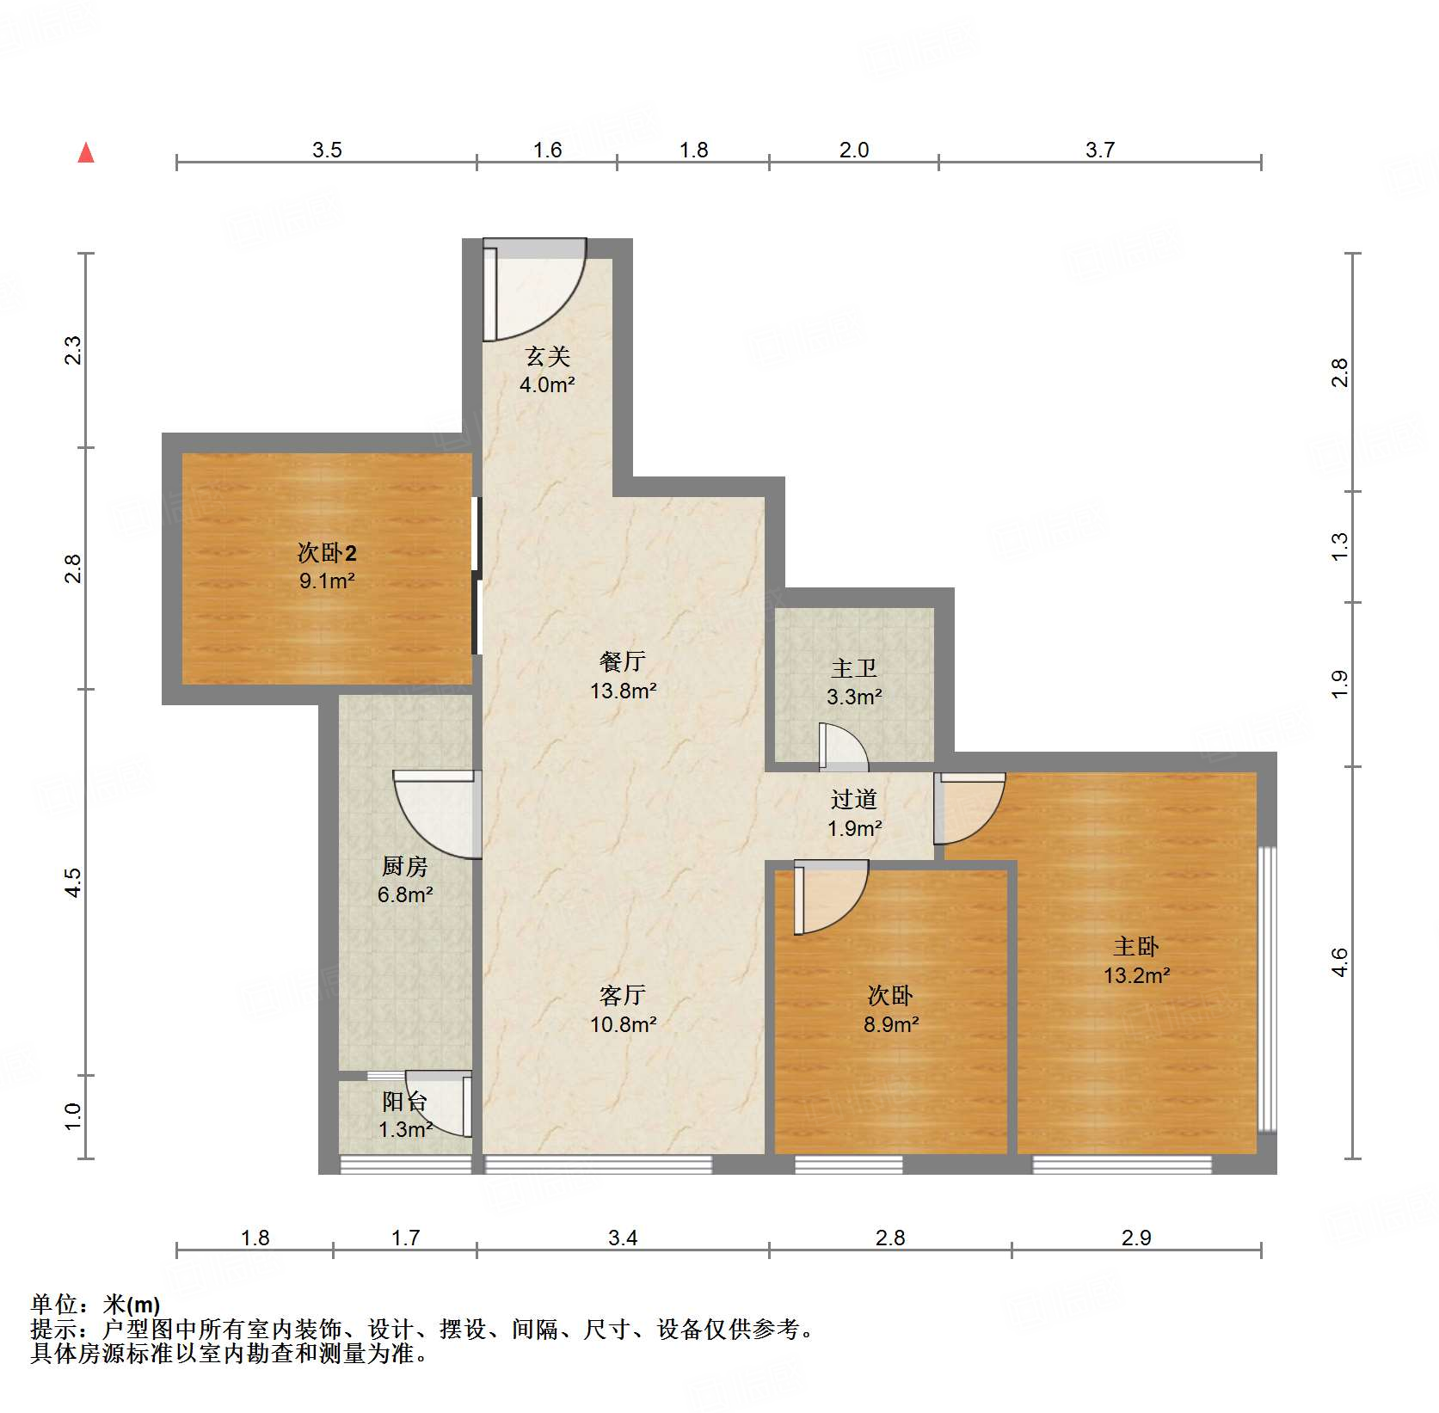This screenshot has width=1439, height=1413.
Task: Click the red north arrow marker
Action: (x=86, y=153)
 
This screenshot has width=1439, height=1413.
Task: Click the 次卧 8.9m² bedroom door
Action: (x=827, y=897)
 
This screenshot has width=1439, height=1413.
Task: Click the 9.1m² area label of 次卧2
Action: (x=327, y=581)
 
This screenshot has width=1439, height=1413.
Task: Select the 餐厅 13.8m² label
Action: (x=623, y=676)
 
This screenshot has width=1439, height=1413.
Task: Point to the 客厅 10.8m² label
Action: (x=623, y=1010)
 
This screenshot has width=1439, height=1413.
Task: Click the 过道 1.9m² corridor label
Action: (x=853, y=814)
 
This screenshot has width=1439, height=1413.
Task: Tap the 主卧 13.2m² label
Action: (x=1136, y=961)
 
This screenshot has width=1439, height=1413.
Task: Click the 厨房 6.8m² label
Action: (x=404, y=880)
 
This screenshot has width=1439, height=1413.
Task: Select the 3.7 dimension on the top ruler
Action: (x=1099, y=150)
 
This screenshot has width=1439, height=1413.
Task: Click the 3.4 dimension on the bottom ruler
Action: (x=622, y=1238)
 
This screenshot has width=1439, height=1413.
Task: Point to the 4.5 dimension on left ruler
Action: (x=73, y=882)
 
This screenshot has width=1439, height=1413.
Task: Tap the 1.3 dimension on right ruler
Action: (x=1339, y=547)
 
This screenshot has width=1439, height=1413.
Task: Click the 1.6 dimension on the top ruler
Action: (x=546, y=150)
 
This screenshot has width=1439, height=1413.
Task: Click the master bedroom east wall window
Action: (x=1266, y=989)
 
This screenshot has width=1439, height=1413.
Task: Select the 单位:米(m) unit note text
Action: (x=95, y=1305)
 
